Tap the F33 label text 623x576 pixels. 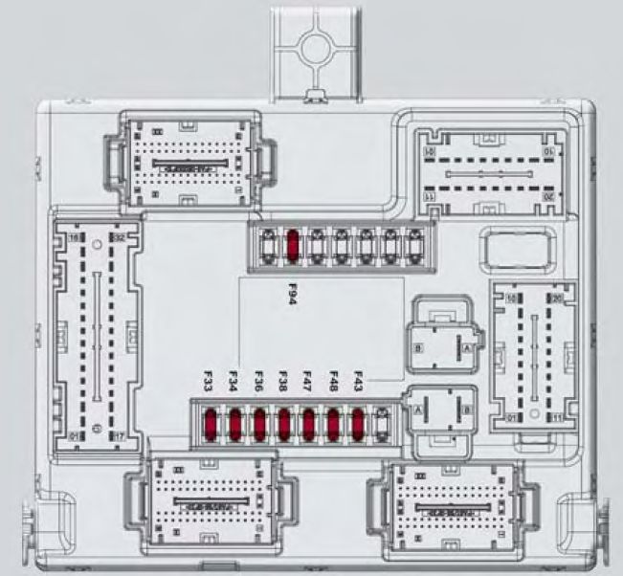(x=210, y=383)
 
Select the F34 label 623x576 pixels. (x=234, y=383)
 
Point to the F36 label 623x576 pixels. (x=259, y=383)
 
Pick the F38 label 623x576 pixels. (x=284, y=383)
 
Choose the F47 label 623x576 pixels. (x=308, y=383)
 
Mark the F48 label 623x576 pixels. (x=333, y=383)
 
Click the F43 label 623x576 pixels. (x=358, y=383)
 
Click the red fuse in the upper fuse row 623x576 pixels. (x=293, y=246)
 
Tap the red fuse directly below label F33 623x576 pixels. (x=210, y=422)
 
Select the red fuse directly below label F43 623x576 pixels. (x=359, y=422)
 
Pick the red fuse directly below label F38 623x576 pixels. (x=284, y=422)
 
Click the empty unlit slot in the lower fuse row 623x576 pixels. (x=383, y=422)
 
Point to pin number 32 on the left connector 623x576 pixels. (x=120, y=237)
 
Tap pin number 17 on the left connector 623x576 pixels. (x=120, y=436)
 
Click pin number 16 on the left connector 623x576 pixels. (x=72, y=237)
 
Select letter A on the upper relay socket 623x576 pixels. (x=466, y=351)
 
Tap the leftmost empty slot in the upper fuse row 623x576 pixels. (x=268, y=246)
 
